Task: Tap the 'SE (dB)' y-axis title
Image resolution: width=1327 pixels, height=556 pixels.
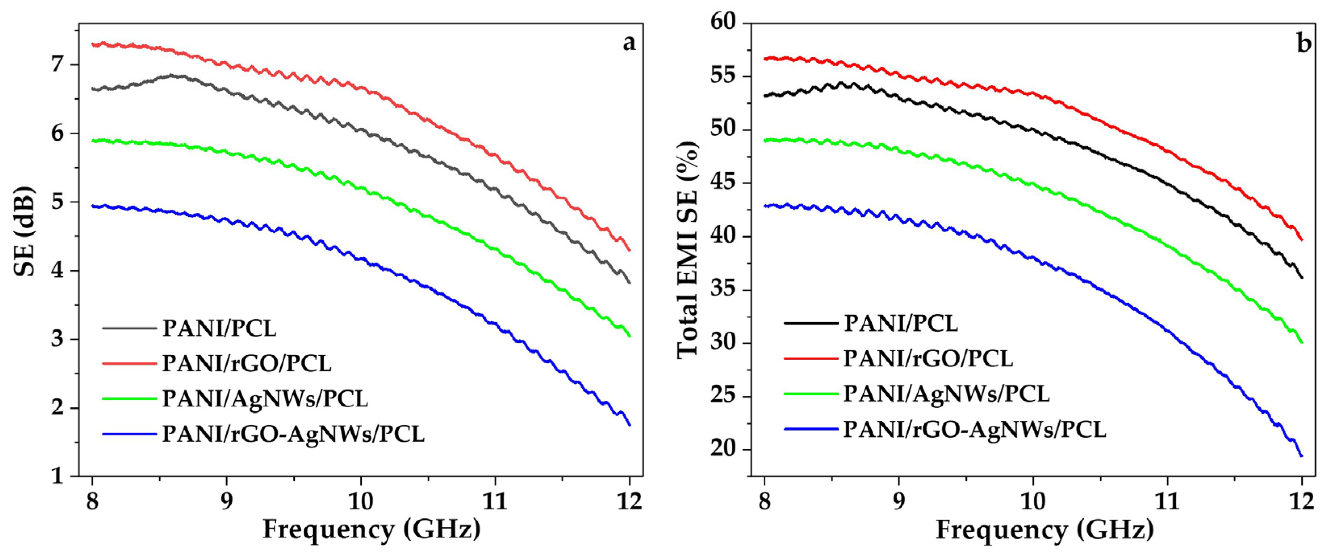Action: pos(25,231)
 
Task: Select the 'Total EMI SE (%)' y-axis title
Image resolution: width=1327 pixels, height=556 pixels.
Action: pos(688,248)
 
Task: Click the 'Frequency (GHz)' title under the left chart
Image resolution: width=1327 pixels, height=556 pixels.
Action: pos(371,529)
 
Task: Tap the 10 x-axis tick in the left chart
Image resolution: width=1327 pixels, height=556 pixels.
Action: pos(360,502)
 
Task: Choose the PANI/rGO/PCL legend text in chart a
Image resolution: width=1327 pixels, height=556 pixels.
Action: pos(247,363)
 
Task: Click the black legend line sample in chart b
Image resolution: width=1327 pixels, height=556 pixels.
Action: pos(811,323)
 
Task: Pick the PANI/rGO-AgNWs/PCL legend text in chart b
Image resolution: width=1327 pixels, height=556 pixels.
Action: pos(975,429)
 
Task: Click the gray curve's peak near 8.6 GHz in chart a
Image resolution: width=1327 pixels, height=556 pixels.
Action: pos(173,76)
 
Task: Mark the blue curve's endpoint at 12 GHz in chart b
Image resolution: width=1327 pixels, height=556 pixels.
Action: pos(1301,456)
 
